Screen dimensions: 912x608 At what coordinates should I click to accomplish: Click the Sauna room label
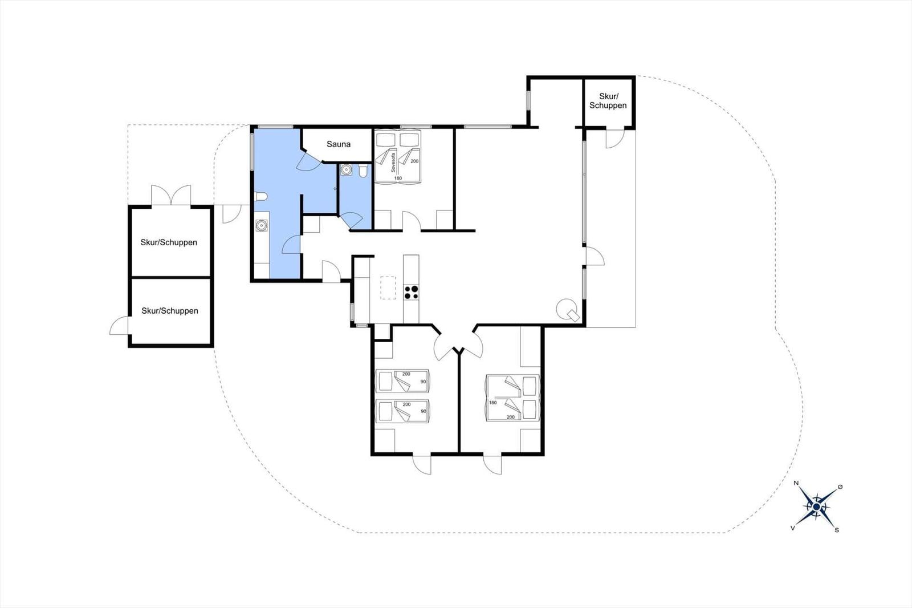click(x=339, y=144)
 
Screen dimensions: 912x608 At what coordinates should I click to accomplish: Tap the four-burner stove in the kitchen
click(x=411, y=292)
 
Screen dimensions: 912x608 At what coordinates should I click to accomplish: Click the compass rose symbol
click(x=816, y=506)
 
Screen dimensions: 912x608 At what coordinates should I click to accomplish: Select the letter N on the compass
click(x=796, y=483)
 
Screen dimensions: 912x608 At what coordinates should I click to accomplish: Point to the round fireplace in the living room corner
click(x=568, y=310)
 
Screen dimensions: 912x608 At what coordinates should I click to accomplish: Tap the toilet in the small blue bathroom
click(x=363, y=171)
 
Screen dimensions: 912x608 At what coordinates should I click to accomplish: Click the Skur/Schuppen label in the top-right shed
click(x=608, y=100)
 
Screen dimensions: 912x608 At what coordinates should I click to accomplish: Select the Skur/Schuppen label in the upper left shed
click(x=169, y=242)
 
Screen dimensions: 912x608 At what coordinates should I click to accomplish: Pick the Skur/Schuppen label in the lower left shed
click(x=170, y=311)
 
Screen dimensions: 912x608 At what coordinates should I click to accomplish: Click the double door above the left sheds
click(x=171, y=195)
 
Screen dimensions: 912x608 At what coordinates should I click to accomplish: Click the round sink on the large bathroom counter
click(x=261, y=225)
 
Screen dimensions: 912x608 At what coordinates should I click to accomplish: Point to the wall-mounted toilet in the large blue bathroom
click(x=260, y=197)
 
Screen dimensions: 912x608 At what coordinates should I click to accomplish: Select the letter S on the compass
click(x=837, y=530)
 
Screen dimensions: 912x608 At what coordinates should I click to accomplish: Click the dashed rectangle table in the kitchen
click(x=388, y=287)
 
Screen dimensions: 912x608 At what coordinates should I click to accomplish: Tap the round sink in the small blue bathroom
click(x=346, y=169)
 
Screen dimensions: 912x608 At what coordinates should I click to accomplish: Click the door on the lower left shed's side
click(x=119, y=326)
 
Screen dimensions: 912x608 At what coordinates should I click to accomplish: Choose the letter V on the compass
click(x=792, y=528)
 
